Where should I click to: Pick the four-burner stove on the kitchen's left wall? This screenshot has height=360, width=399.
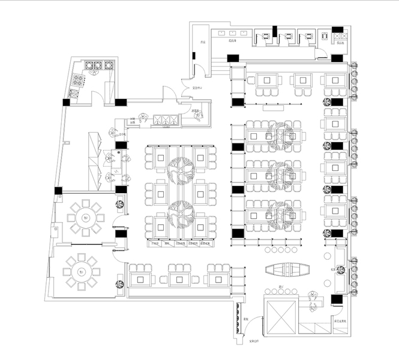click(76, 85)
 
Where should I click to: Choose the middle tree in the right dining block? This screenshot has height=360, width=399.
click(280, 174)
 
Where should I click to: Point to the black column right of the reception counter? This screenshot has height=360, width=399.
click(336, 298)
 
